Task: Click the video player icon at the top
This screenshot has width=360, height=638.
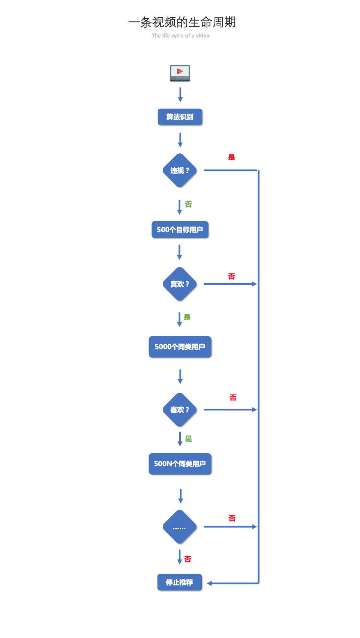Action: (x=180, y=73)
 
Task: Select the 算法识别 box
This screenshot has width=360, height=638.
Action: (x=180, y=117)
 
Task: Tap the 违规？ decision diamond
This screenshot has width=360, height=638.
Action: (x=180, y=170)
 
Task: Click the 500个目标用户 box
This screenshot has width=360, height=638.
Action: (x=180, y=230)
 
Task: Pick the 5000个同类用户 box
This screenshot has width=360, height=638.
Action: (x=180, y=347)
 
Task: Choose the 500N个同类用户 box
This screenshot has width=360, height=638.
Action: (x=180, y=464)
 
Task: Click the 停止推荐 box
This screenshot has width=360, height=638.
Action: (x=180, y=582)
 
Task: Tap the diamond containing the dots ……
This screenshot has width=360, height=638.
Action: (x=180, y=527)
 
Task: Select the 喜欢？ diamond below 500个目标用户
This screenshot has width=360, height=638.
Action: (x=180, y=284)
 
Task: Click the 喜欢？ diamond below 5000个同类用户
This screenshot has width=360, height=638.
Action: (x=180, y=410)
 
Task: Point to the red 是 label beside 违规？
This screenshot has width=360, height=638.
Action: (x=232, y=157)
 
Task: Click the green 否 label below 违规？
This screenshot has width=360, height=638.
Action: (x=188, y=204)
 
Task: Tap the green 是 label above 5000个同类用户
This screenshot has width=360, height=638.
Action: (x=187, y=317)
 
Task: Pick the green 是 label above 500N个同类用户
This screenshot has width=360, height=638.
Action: (x=189, y=439)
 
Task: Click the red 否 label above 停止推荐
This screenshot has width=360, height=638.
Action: (x=188, y=559)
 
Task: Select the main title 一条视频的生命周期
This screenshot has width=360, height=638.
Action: (x=182, y=22)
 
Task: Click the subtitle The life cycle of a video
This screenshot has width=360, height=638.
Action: (x=180, y=36)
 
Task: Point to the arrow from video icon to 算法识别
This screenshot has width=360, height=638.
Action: (x=180, y=95)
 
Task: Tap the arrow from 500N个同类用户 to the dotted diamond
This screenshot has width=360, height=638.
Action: (x=181, y=495)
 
